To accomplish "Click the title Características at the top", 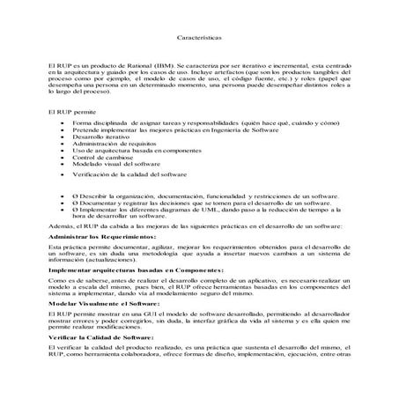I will pyautogui.click(x=199, y=39).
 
